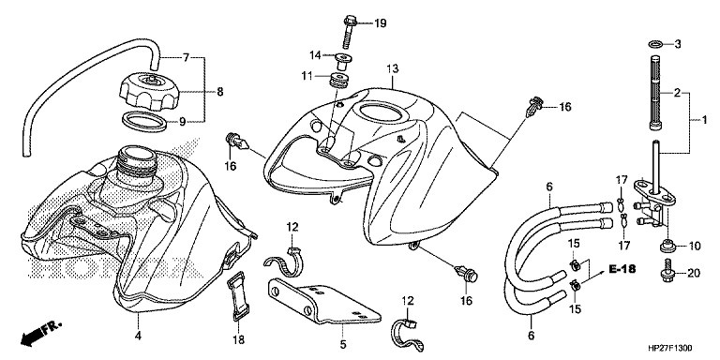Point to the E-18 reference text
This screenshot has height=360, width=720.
tap(622, 269)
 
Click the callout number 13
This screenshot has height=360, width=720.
tap(392, 68)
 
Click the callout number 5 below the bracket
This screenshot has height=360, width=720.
tap(343, 344)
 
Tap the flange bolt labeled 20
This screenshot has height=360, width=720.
tap(666, 270)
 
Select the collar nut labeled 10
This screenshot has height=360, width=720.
tap(667, 247)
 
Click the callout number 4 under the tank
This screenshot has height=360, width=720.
tap(137, 337)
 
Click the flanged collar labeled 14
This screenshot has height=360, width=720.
tap(341, 62)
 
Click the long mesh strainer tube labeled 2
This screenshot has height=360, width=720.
tap(656, 92)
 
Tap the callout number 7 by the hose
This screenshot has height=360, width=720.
tap(186, 58)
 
